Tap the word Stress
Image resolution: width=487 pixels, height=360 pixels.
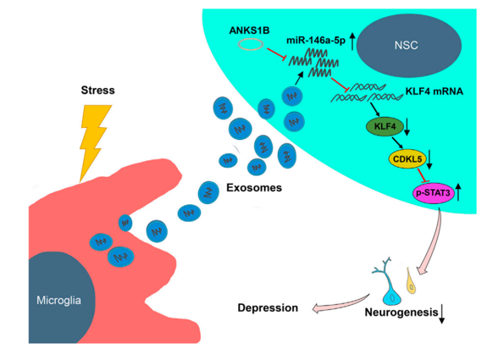[x=98, y=90]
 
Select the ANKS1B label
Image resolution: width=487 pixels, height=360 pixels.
[x=249, y=30]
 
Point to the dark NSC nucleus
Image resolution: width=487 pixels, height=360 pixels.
[x=409, y=46]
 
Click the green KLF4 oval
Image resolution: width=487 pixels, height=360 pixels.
[x=385, y=127]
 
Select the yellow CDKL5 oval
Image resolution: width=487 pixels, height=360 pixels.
[x=407, y=159]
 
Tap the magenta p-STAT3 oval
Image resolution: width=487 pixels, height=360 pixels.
[x=434, y=193]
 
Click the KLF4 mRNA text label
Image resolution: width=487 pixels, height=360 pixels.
[x=434, y=91]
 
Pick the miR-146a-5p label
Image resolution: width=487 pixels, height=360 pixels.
[x=316, y=41]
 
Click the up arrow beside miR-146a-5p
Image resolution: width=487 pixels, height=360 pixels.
[x=352, y=42]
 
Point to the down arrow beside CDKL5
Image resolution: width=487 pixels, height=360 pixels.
[x=429, y=159]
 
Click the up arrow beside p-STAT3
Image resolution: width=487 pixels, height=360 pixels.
[x=458, y=192]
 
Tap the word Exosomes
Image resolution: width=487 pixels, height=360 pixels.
[x=254, y=187]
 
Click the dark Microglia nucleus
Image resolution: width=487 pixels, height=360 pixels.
[x=61, y=297]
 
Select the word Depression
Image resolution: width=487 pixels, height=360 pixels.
[x=268, y=307]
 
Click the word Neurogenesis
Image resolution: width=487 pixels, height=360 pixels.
[x=401, y=313]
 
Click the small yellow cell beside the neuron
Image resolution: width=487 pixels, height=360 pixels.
[x=411, y=281]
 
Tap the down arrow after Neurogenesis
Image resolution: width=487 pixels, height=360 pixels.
[x=442, y=314]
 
